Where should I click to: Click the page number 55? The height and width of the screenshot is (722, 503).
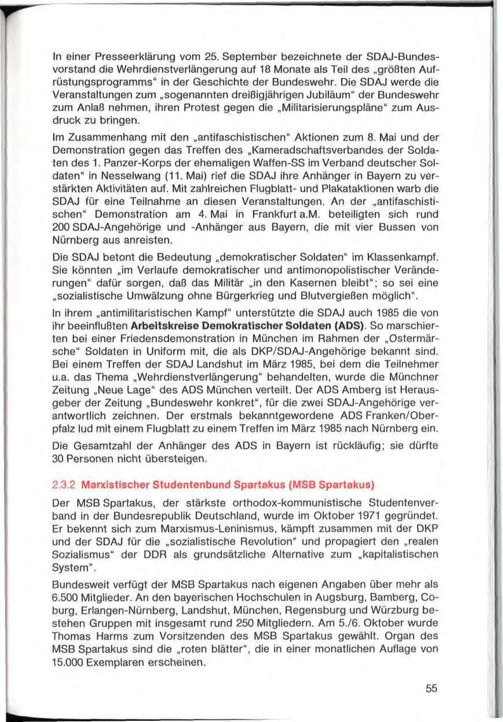pos(430,688)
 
